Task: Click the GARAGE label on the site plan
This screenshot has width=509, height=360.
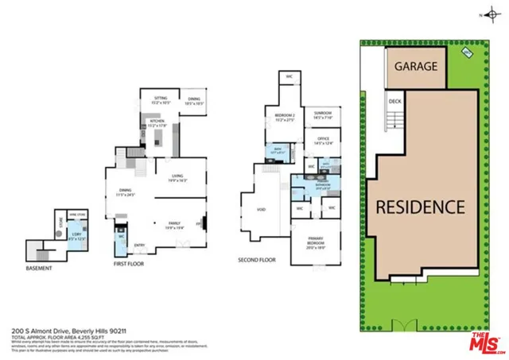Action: [x=416, y=66]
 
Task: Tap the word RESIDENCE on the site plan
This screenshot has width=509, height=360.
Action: [x=419, y=207]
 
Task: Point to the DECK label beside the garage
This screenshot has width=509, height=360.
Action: [x=395, y=101]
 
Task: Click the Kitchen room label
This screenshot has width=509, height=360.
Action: [x=156, y=122]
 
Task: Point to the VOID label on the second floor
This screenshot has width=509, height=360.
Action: [x=263, y=210]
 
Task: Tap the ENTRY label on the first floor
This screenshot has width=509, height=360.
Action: [x=139, y=245]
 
